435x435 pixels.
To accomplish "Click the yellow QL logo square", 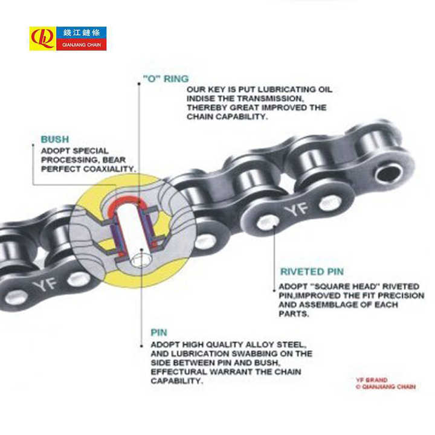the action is click(x=42, y=38).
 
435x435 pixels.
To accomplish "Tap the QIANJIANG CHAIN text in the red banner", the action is click(x=81, y=45).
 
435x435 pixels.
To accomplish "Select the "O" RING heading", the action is click(x=166, y=79).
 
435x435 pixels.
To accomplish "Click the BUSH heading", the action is click(x=54, y=139).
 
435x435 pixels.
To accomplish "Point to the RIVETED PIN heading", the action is click(x=312, y=272).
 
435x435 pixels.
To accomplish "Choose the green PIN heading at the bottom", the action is click(x=159, y=332).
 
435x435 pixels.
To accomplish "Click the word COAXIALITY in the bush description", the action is click(x=107, y=169).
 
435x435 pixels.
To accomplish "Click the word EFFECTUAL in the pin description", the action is click(x=176, y=372).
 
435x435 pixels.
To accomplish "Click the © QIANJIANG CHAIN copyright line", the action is click(x=385, y=387).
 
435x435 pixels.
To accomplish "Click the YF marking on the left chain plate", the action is click(x=44, y=285).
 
